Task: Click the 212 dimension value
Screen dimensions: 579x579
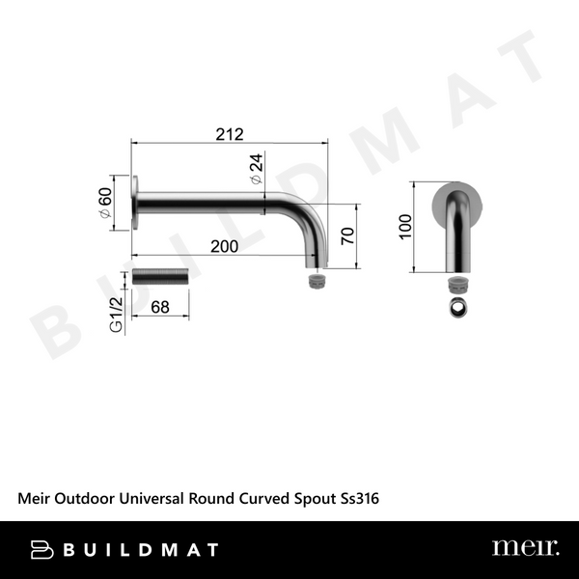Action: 230,133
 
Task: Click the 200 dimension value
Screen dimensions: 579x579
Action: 224,247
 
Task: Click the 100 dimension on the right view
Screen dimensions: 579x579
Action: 405,226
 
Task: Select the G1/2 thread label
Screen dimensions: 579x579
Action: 115,315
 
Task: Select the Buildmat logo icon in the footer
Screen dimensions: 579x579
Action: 41,550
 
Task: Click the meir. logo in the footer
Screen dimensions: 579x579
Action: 524,549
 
